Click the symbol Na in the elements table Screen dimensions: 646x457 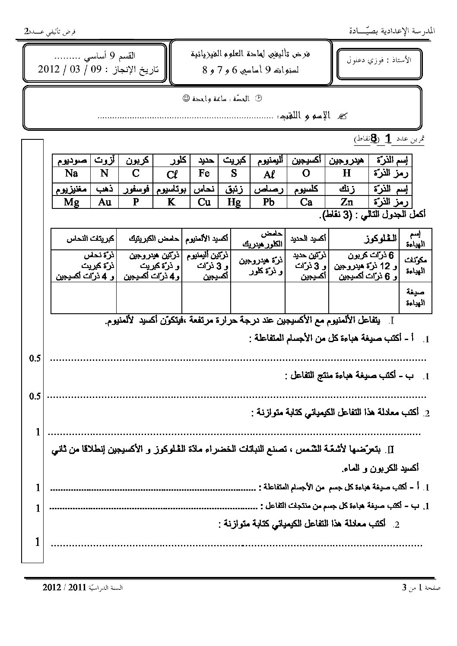(71, 173)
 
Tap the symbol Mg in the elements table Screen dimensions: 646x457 (71, 202)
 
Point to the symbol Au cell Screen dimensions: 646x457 (105, 202)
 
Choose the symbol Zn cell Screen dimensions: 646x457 (346, 202)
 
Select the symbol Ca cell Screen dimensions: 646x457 (306, 202)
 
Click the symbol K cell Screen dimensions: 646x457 (171, 202)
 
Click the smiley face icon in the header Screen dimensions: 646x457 (185, 99)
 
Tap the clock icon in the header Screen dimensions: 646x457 (259, 99)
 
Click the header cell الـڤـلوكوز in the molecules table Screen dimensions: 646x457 (364, 237)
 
